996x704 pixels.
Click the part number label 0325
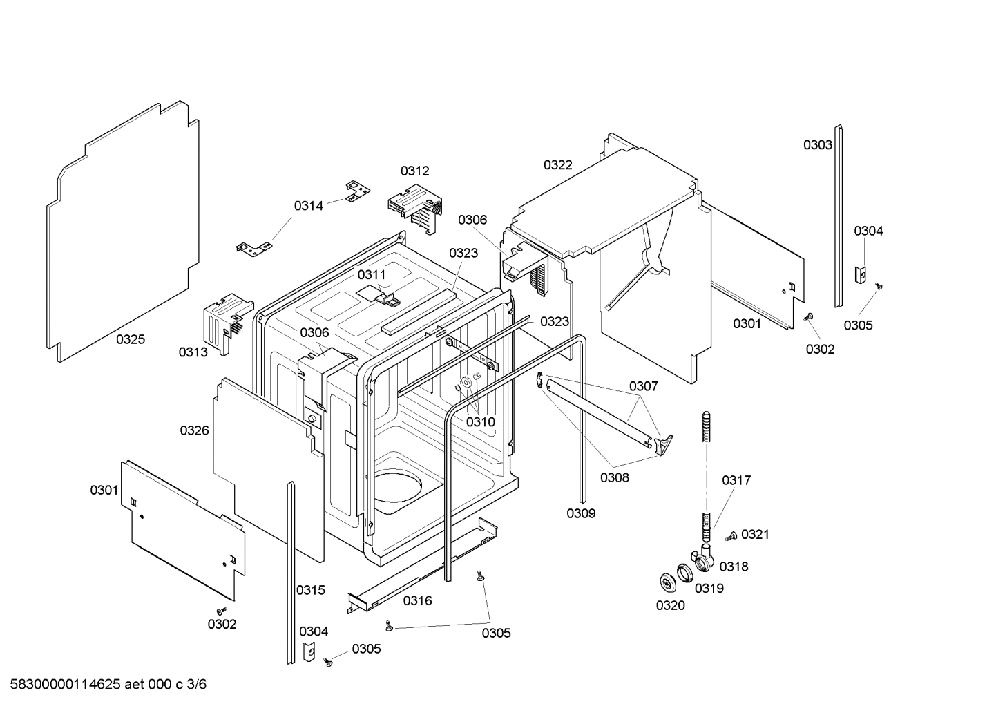click(x=130, y=339)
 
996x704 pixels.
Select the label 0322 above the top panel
click(x=557, y=164)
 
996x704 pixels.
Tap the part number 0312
click(x=414, y=171)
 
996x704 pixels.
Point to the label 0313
click(x=193, y=352)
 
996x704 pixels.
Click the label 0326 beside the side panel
click(x=194, y=430)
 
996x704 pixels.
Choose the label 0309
click(x=581, y=513)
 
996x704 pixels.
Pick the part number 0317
click(x=736, y=479)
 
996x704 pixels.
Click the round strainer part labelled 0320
click(x=667, y=582)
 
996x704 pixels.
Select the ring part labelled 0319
click(x=684, y=572)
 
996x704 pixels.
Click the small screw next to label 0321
click(x=731, y=535)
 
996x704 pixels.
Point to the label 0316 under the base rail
click(x=417, y=600)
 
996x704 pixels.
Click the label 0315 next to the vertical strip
click(x=310, y=589)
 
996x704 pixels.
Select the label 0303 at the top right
click(x=817, y=144)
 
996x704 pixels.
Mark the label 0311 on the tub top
click(x=372, y=274)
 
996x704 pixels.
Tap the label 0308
click(x=614, y=477)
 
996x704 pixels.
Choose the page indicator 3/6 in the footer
click(x=197, y=685)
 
